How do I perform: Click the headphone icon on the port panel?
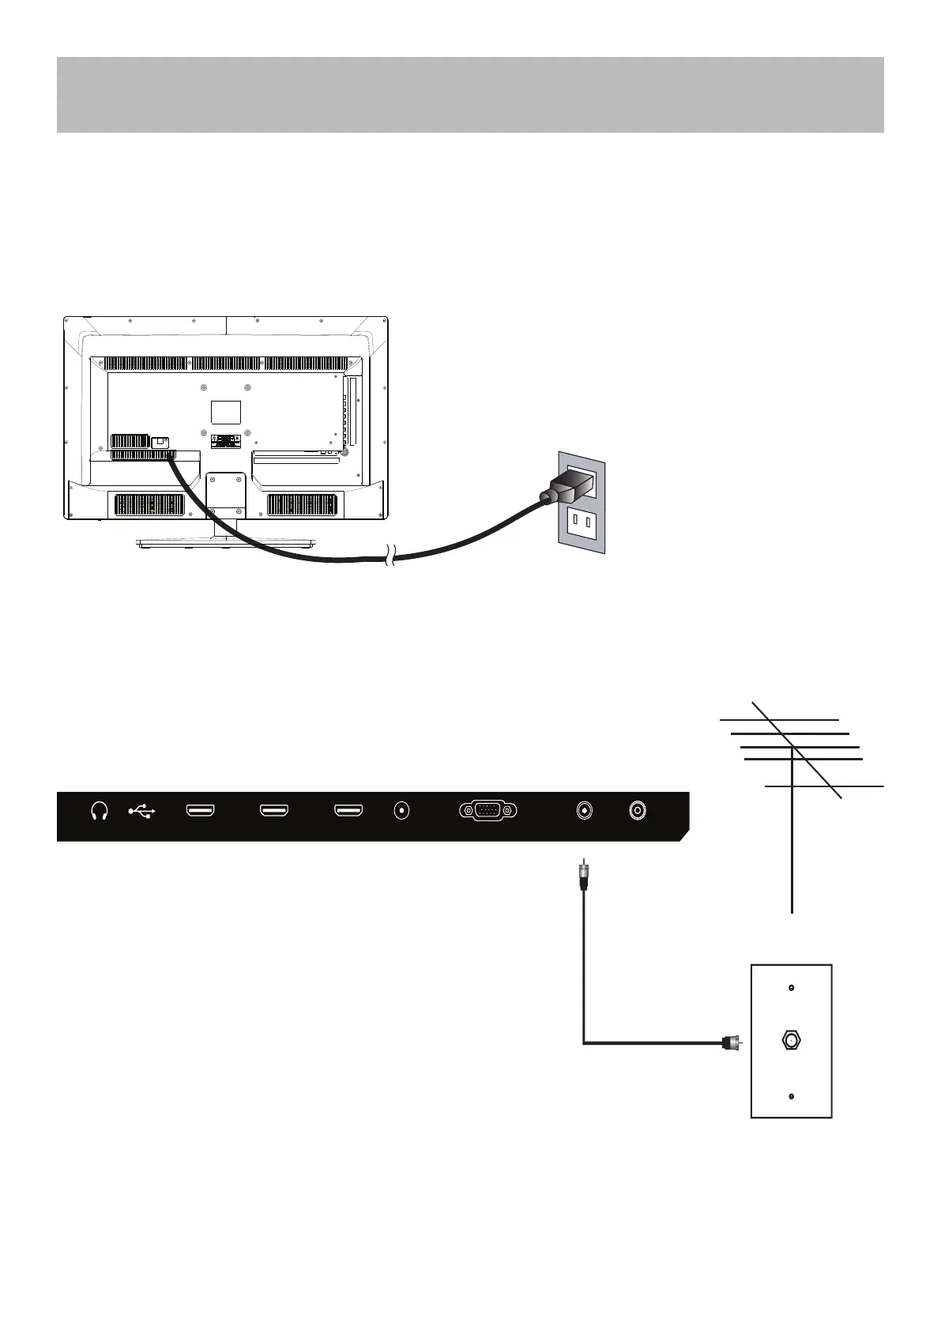pos(100,811)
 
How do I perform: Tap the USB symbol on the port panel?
pos(142,811)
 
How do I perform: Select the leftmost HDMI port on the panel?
pos(200,811)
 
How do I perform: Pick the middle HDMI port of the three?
pos(274,811)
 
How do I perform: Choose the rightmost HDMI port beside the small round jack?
pos(348,811)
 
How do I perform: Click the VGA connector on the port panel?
pos(487,811)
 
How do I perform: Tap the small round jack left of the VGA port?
pos(404,811)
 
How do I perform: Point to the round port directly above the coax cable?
pos(584,811)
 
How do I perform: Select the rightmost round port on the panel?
pos(637,811)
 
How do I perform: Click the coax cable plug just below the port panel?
pos(584,876)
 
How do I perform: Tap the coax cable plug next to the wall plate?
pos(730,1043)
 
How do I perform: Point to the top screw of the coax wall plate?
pos(792,988)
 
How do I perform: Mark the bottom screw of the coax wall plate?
pos(792,1097)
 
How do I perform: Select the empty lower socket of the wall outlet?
pos(583,522)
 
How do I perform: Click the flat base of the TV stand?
pos(226,543)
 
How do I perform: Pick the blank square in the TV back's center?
pos(226,412)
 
